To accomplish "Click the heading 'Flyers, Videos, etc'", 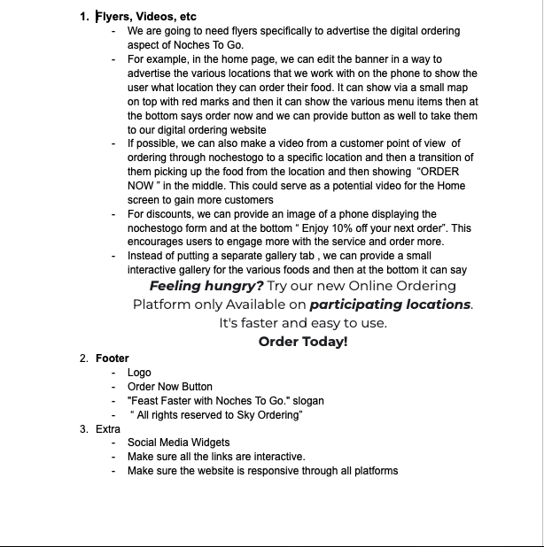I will click(x=146, y=16).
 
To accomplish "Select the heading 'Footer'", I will click(x=113, y=358).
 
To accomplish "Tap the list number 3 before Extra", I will click(x=83, y=428).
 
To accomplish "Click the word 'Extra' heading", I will click(x=108, y=428).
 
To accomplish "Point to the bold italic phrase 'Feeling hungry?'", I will click(x=206, y=286).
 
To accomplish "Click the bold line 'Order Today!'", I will click(x=303, y=342).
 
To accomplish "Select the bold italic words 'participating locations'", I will click(x=390, y=304).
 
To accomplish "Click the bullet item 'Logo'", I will click(x=139, y=373).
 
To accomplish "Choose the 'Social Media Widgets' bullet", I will click(x=178, y=443).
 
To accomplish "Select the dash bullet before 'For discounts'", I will click(x=113, y=214).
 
